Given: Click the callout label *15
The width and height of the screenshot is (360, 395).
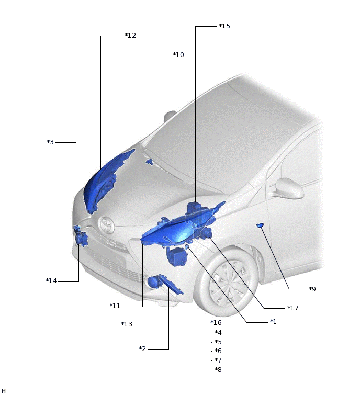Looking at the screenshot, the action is coord(224,26).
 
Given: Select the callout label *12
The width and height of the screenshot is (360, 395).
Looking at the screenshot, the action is coord(130,35).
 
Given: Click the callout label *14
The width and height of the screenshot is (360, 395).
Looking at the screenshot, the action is coord(51,280).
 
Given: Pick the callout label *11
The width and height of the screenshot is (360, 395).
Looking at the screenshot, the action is coord(115,306).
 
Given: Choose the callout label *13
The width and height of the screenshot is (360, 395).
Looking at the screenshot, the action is coord(127,324).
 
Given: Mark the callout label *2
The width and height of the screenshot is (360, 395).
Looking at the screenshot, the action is coord(142,348).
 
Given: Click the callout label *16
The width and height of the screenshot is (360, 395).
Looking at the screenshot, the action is coord(216,322).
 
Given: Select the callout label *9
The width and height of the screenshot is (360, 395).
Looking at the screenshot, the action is coord(312,289).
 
